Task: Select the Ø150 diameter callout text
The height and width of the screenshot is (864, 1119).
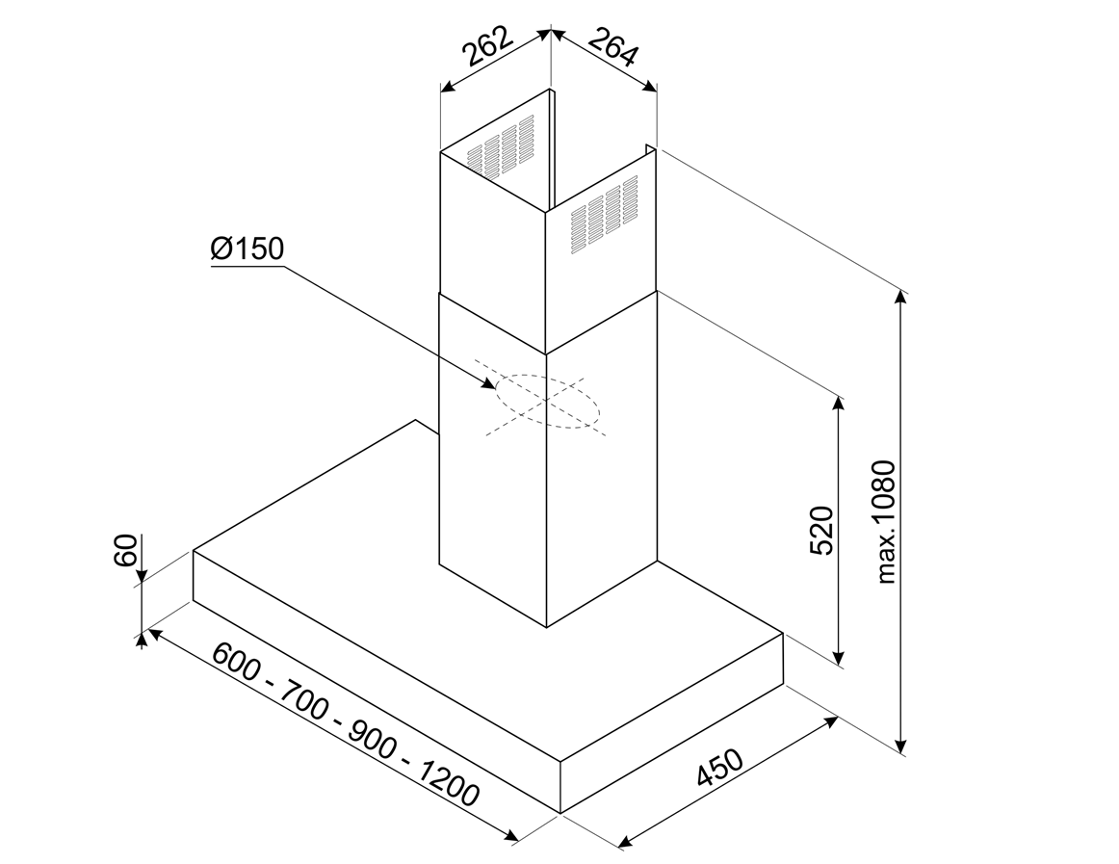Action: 246,249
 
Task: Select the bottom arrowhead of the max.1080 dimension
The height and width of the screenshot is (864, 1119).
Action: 901,746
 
